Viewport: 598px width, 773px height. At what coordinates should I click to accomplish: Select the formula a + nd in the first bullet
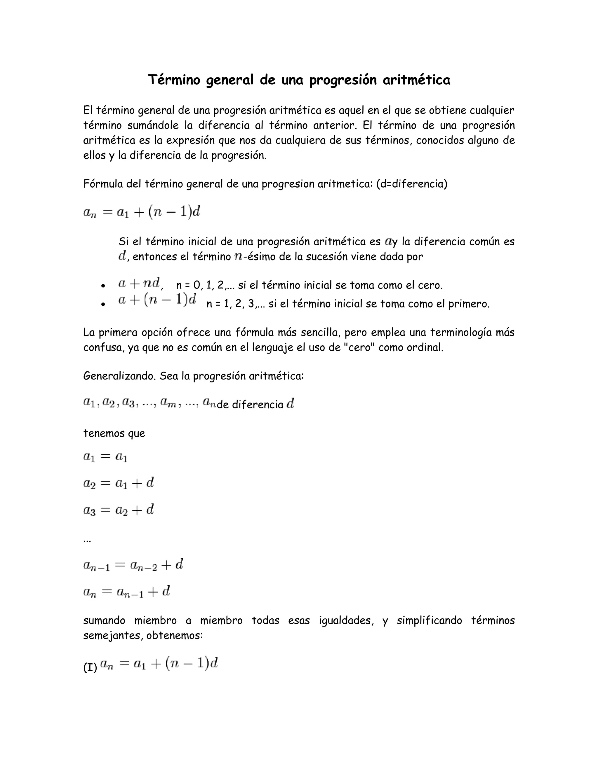click(140, 284)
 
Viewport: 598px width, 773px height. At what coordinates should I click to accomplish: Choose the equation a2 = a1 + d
click(118, 483)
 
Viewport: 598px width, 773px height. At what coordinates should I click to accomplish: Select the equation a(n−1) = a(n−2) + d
click(133, 565)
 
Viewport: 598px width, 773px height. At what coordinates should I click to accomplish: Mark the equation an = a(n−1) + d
click(126, 592)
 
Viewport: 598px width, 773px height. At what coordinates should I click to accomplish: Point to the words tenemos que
click(114, 433)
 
